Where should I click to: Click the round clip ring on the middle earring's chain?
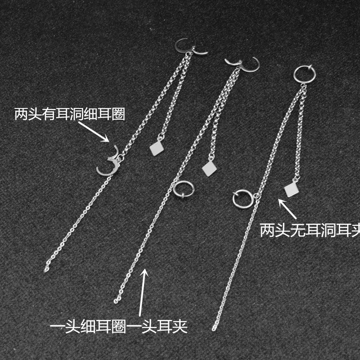[x=182, y=189]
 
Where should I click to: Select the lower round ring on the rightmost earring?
[x=242, y=198]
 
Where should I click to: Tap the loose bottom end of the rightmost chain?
[x=214, y=328]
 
